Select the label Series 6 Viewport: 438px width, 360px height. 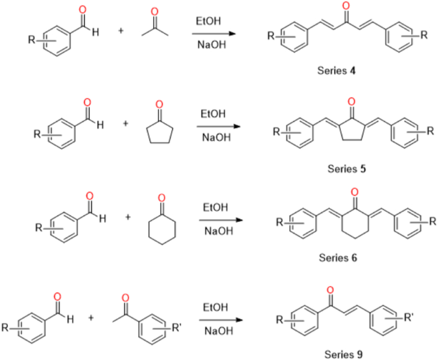(341, 258)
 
